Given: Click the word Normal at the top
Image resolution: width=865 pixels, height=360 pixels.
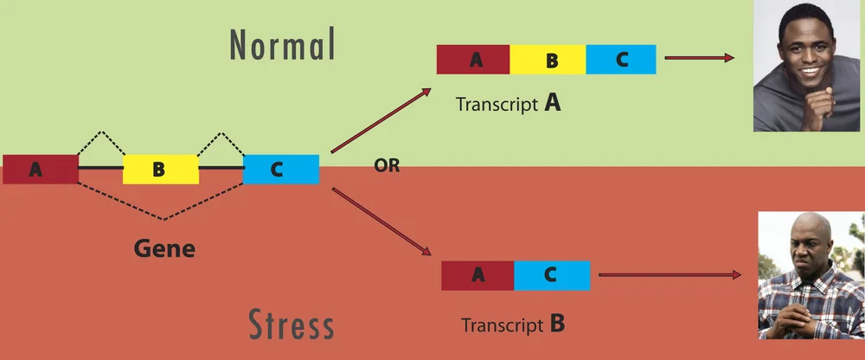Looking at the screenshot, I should click(x=281, y=44).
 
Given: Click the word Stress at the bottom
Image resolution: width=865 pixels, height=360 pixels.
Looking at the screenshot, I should click(x=292, y=325).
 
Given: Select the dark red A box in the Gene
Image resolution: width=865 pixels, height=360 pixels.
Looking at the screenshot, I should click(x=40, y=169).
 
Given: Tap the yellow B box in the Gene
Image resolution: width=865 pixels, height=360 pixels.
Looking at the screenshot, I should click(x=160, y=169).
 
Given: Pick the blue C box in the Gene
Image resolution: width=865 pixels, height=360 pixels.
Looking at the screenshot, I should click(x=280, y=169).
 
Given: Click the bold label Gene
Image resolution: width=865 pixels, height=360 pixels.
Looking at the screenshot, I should click(x=164, y=249).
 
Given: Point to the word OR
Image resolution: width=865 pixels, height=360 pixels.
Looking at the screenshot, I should click(x=387, y=166).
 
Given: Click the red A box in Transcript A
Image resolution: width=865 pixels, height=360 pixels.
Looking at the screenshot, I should click(x=473, y=60).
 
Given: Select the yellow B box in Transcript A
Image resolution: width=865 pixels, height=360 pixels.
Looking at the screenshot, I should click(x=548, y=60).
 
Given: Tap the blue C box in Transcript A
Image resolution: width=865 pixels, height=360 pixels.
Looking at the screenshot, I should click(x=620, y=60).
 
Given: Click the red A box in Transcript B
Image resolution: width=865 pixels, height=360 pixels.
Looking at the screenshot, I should click(x=477, y=275).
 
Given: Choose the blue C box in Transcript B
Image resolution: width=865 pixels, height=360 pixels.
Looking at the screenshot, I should click(x=552, y=275).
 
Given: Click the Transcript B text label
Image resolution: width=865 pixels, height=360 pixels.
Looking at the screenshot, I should click(x=513, y=325).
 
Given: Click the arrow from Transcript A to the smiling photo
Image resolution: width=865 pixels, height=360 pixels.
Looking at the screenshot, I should click(x=695, y=59).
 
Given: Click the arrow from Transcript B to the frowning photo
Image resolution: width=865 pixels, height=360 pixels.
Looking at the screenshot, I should click(x=670, y=275).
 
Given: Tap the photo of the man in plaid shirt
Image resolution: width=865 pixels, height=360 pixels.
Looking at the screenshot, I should click(x=810, y=275).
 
